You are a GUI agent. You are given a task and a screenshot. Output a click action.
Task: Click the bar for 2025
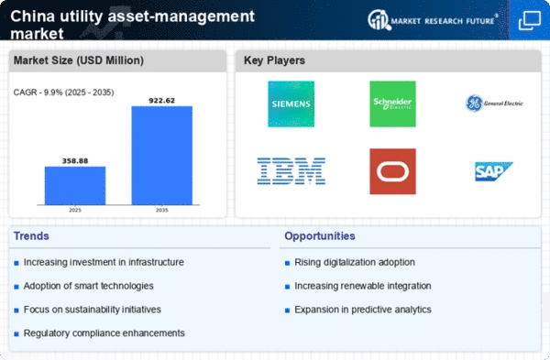click(x=75, y=185)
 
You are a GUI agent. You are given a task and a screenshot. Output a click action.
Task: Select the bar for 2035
click(x=161, y=156)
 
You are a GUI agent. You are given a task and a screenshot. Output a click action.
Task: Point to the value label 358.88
click(x=75, y=161)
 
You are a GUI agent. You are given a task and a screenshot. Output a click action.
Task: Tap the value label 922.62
click(x=161, y=101)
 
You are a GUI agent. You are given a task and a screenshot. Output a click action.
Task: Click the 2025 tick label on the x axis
click(x=75, y=210)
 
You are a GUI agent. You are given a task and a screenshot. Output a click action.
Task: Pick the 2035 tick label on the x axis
click(x=161, y=210)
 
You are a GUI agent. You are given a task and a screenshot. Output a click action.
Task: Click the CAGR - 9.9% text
click(x=38, y=93)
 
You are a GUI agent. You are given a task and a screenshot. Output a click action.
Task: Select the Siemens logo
click(x=291, y=104)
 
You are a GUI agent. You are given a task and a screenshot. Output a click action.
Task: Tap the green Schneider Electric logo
click(x=392, y=104)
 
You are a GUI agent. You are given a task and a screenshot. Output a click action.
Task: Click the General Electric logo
click(x=494, y=104)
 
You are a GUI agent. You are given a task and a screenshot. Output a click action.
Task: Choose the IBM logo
click(x=291, y=171)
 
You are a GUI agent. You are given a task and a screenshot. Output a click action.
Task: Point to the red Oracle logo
click(x=392, y=171)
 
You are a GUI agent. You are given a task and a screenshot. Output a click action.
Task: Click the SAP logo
click(x=494, y=171)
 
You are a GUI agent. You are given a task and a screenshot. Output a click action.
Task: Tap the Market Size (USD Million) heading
click(x=79, y=60)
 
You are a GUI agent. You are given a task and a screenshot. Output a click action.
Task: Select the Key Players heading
click(x=274, y=60)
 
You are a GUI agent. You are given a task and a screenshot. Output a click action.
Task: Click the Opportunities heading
click(x=320, y=236)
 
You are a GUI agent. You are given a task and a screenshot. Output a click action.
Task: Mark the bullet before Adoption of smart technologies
click(x=16, y=287)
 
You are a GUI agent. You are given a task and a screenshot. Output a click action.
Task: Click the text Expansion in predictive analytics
click(x=363, y=310)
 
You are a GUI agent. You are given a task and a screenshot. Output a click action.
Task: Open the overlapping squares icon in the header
click(x=529, y=20)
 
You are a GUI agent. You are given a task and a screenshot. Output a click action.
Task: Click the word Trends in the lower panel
click(x=31, y=236)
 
